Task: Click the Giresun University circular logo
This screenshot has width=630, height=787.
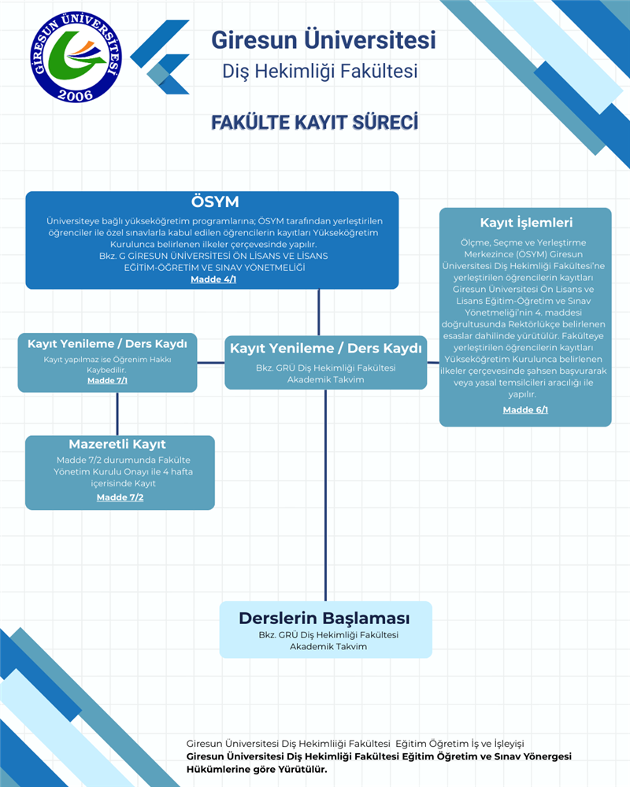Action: (x=78, y=57)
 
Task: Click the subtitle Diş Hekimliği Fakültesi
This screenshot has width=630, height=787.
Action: (x=320, y=72)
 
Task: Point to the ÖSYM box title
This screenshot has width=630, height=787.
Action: (x=214, y=201)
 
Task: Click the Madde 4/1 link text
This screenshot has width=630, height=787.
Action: (x=213, y=279)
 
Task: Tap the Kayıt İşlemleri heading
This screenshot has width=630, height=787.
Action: (x=525, y=223)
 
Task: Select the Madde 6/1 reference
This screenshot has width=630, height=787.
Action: (x=525, y=409)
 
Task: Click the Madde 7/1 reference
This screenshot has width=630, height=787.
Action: (x=107, y=381)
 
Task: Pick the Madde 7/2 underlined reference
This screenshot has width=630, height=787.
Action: (x=120, y=497)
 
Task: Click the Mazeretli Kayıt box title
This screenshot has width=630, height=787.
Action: (x=117, y=445)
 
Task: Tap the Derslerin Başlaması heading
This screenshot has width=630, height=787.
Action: (x=324, y=619)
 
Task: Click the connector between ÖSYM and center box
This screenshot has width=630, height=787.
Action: (x=319, y=312)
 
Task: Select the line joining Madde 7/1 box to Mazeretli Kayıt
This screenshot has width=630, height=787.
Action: (x=117, y=414)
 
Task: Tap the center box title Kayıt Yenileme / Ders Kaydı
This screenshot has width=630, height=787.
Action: (x=324, y=349)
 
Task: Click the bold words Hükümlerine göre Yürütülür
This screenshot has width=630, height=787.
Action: (x=256, y=769)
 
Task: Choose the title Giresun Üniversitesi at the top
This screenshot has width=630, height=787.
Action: (x=323, y=39)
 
